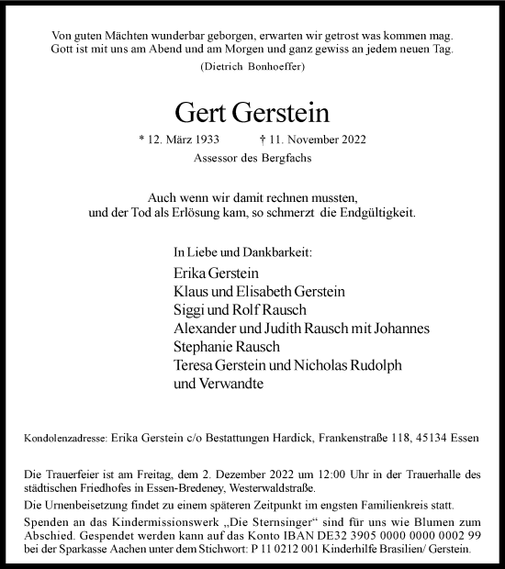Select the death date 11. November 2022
[312, 139]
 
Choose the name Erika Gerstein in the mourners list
[216, 273]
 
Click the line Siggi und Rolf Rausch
[232, 310]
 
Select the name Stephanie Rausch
[225, 348]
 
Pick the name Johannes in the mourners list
[402, 329]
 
